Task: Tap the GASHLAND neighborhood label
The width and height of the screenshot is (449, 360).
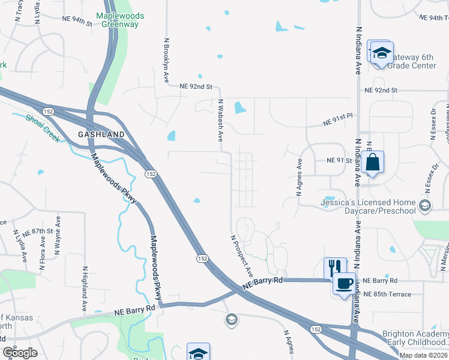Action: click(101, 134)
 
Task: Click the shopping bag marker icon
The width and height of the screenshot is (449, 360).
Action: click(373, 162)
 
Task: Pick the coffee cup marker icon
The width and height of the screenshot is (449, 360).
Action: click(344, 283)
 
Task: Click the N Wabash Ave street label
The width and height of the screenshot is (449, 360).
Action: click(221, 120)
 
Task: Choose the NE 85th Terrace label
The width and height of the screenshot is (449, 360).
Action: click(387, 294)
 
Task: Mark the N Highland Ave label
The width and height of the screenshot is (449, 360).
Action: click(84, 289)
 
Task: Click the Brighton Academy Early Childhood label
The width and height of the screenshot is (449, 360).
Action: click(415, 338)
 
